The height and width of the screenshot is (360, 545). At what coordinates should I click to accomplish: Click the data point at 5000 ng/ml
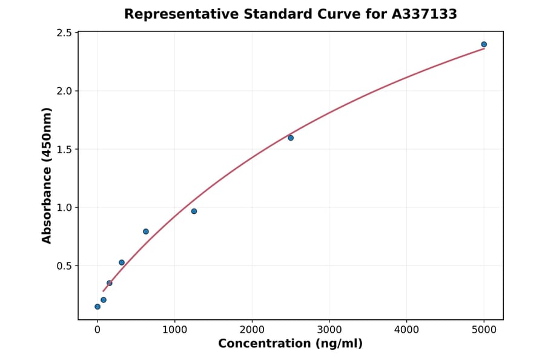[484, 44]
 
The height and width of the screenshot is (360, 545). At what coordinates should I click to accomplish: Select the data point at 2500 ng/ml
[291, 138]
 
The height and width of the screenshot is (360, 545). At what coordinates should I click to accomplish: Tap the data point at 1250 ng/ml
[194, 211]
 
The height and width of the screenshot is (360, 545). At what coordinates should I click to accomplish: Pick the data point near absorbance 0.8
[146, 232]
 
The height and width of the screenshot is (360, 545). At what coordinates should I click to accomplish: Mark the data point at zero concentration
[97, 307]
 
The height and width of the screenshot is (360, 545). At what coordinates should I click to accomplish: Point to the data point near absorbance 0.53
[122, 262]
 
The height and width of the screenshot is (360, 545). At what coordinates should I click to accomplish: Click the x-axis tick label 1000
[174, 330]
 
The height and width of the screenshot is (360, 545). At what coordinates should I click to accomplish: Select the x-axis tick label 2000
[252, 330]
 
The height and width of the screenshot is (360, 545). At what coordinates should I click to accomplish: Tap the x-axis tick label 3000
[329, 330]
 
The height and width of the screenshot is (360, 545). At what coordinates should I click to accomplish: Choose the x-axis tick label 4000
[406, 330]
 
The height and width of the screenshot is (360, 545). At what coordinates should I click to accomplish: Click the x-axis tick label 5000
[484, 330]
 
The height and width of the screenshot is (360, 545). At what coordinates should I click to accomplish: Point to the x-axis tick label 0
[97, 330]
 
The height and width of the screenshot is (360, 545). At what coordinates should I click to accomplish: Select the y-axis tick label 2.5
[64, 33]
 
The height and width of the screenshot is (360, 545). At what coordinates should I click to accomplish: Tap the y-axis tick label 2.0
[64, 91]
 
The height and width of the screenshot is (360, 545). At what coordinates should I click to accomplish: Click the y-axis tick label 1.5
[64, 149]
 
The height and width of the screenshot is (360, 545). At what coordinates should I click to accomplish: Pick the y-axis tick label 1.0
[64, 207]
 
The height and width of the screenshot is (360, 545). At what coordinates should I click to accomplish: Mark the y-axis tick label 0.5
[64, 265]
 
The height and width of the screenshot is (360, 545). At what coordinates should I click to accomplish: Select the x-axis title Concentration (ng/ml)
[290, 344]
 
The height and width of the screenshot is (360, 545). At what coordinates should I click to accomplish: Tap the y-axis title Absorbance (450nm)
[47, 175]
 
